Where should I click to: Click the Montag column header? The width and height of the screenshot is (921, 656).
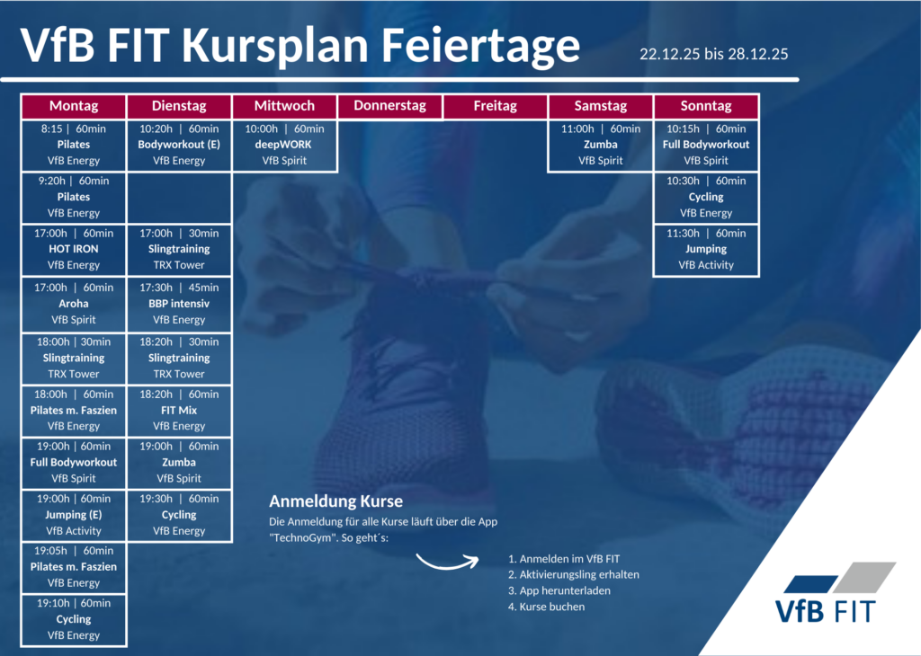(74, 106)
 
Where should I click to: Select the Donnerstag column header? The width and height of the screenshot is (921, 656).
(390, 106)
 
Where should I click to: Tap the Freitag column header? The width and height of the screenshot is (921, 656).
(496, 106)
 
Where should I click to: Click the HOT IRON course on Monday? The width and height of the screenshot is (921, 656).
(74, 250)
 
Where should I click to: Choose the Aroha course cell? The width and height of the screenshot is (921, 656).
(74, 304)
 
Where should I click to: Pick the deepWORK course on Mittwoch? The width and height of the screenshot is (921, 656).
(284, 145)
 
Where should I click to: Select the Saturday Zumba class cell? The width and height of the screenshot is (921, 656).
(600, 145)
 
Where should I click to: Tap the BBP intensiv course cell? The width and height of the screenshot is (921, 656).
(179, 304)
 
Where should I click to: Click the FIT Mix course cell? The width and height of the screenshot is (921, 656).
(179, 411)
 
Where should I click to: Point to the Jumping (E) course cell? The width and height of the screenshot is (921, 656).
(74, 515)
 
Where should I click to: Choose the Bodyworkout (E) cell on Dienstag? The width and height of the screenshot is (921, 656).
(179, 145)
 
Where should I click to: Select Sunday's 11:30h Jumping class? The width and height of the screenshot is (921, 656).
(706, 250)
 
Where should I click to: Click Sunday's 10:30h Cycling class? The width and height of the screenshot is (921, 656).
(706, 197)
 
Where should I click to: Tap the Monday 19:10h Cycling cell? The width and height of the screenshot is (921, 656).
(74, 620)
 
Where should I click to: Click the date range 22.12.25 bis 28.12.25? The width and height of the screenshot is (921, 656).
(713, 54)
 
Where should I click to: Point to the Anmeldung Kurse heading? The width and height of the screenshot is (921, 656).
(336, 501)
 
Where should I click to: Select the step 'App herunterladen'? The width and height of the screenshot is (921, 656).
(559, 591)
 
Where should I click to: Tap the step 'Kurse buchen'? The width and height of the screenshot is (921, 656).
(546, 607)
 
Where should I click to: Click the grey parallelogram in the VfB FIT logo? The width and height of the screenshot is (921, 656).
(864, 578)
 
